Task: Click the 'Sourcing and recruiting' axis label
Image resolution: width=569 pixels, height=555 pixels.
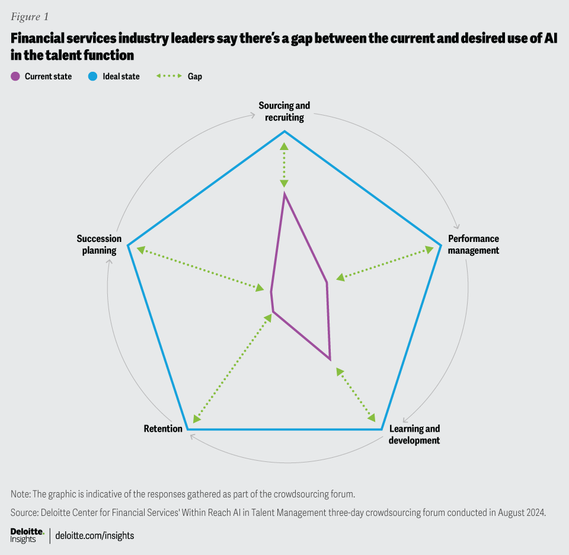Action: (284, 111)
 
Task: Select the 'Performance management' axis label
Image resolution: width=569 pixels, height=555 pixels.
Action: (473, 244)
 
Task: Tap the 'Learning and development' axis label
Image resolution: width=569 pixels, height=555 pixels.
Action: (414, 435)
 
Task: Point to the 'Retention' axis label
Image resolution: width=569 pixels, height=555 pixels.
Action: (163, 428)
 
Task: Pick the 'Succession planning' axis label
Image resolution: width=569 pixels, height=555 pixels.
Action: (99, 244)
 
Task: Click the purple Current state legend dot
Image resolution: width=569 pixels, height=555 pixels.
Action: (15, 76)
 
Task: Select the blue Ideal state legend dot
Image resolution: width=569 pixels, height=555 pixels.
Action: (94, 76)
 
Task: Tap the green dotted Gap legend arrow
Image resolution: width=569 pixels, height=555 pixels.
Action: (168, 76)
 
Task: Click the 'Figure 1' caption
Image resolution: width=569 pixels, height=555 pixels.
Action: (29, 17)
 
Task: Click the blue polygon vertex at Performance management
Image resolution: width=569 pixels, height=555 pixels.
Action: (442, 244)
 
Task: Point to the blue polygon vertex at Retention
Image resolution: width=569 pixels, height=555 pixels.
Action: (187, 429)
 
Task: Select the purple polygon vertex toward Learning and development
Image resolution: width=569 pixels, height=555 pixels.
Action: (330, 359)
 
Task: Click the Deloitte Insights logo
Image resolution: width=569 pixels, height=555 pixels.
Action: (27, 535)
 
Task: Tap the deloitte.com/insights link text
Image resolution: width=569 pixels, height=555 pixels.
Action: (95, 535)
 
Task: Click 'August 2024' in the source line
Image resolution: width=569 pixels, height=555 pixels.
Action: (524, 511)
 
